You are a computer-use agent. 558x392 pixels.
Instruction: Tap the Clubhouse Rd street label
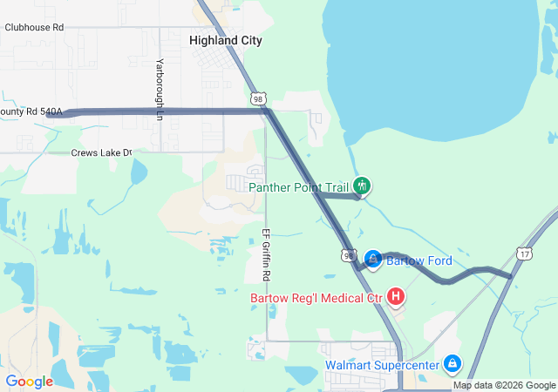34,27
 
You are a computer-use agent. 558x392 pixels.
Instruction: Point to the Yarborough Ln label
160,84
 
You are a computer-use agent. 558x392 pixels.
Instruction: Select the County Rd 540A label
31,112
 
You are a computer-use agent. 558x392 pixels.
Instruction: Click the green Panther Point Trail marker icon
362,186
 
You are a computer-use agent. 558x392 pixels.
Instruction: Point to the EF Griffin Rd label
266,253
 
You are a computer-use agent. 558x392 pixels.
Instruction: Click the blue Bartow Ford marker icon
372,260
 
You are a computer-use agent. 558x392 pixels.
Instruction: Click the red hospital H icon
395,298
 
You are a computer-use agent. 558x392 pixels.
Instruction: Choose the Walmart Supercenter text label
383,365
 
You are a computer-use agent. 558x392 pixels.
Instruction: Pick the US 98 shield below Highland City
258,99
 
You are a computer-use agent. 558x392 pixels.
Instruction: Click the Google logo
30,382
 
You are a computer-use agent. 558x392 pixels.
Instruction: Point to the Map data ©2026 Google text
504,385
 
